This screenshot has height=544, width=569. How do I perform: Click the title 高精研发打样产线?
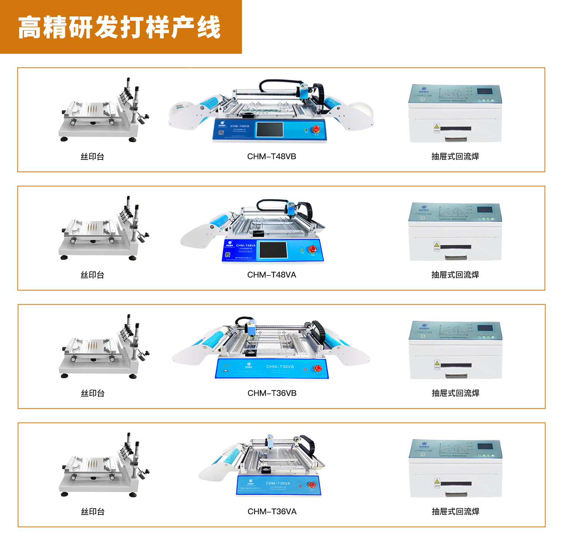tap(119, 27)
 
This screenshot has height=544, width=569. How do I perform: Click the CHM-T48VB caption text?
tap(271, 156)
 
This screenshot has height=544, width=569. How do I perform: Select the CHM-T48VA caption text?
tap(271, 275)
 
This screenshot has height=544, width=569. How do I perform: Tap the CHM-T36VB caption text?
tap(272, 393)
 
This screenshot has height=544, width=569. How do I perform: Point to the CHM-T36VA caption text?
tap(272, 512)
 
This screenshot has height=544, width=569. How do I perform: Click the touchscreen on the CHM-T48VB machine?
tap(269, 130)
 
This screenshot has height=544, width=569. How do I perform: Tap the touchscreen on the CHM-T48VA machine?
tap(273, 250)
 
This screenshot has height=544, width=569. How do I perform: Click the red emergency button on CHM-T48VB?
tap(316, 129)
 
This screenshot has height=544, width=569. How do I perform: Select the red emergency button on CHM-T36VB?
tap(318, 369)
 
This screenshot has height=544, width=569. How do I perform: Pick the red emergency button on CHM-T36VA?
tap(311, 485)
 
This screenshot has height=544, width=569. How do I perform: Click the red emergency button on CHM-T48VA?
tap(312, 249)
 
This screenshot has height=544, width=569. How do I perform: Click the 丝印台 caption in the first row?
tap(92, 156)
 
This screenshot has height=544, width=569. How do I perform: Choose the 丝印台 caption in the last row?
tap(93, 512)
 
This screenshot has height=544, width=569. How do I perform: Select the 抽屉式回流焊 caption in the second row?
tap(455, 275)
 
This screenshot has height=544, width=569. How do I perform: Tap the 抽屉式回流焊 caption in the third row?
tap(455, 393)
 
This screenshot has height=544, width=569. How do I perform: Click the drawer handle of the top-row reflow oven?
tap(455, 139)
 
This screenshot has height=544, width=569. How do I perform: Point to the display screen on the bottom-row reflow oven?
tap(485, 447)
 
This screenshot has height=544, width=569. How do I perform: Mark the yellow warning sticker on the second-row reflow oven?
tap(436, 246)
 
